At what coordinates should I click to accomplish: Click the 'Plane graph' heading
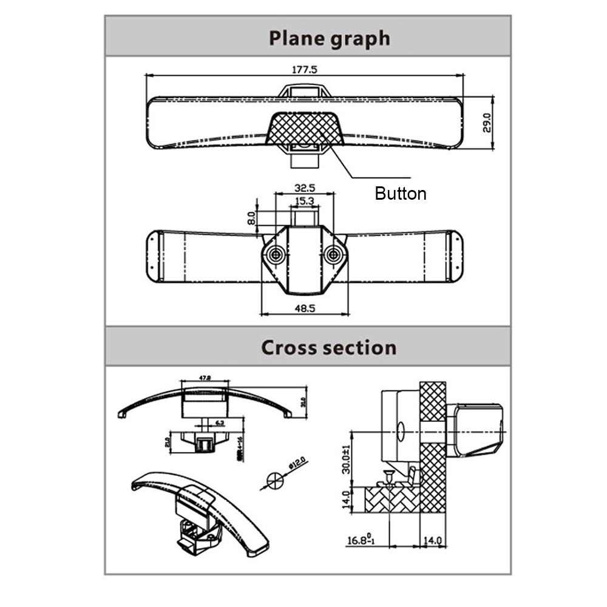click(329, 38)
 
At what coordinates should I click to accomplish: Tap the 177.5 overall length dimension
click(305, 69)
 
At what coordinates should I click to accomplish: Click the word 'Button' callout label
click(400, 194)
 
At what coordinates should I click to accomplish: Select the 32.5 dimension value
click(304, 188)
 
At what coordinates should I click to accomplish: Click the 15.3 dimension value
click(304, 200)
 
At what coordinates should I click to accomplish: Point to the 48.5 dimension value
click(304, 308)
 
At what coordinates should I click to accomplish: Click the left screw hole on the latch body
click(276, 256)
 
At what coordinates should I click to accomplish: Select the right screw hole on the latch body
click(332, 256)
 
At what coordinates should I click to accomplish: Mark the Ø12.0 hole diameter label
click(296, 465)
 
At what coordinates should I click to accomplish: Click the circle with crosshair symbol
click(275, 480)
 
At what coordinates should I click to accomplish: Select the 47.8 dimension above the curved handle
click(205, 378)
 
